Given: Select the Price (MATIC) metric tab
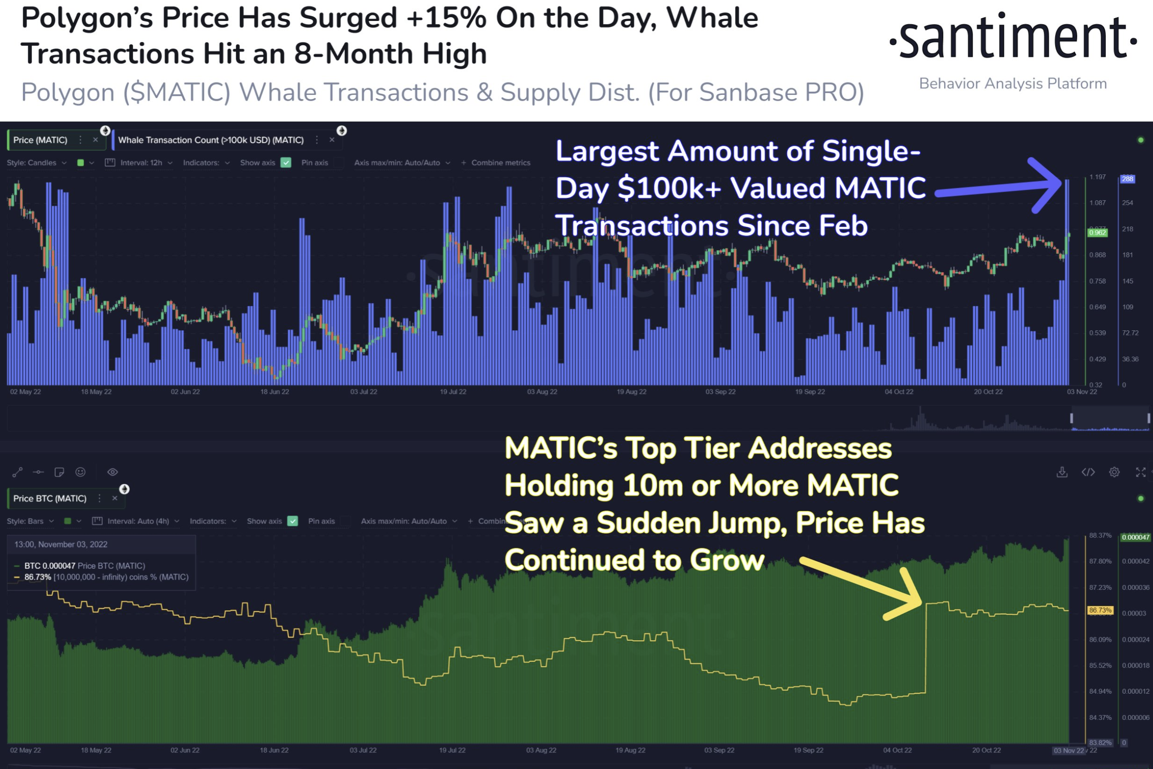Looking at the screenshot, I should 40,140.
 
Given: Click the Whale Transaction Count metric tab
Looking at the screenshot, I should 211,140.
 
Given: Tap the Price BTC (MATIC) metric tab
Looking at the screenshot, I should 50,498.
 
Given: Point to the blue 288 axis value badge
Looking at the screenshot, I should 1128,179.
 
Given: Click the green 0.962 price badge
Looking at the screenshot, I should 1097,233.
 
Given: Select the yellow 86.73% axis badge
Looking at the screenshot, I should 1100,611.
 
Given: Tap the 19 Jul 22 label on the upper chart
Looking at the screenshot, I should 453,392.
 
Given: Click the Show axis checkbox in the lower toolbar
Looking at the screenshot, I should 293,521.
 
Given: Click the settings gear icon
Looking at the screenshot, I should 1114,472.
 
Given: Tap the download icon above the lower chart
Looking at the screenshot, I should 1062,472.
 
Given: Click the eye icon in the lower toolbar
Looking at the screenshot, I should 113,472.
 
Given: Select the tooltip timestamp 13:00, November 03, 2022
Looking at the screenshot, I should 61,544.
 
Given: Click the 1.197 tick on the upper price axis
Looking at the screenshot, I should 1098,177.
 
